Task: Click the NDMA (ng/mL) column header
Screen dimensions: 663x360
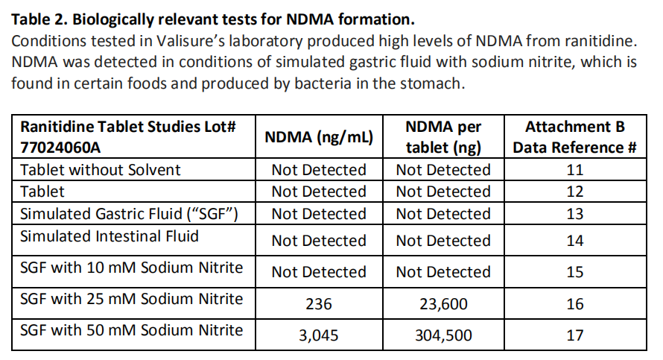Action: (x=319, y=138)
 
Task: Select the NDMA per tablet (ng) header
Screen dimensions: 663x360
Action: (x=443, y=137)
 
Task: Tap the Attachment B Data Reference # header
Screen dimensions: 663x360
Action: (x=574, y=137)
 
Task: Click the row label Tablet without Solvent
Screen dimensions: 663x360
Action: (x=100, y=170)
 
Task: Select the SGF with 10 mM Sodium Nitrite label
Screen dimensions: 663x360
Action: (x=131, y=268)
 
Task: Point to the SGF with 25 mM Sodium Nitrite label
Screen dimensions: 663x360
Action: (x=131, y=300)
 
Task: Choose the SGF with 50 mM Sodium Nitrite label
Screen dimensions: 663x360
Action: (x=131, y=330)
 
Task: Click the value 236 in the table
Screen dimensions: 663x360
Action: (x=319, y=304)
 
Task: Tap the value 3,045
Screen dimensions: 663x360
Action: (x=319, y=335)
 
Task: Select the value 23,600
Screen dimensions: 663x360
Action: (x=443, y=304)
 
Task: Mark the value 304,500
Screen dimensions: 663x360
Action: (x=443, y=335)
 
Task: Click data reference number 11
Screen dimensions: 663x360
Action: (x=574, y=170)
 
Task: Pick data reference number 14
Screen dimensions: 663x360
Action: (x=574, y=241)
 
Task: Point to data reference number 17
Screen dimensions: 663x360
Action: (x=574, y=335)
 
